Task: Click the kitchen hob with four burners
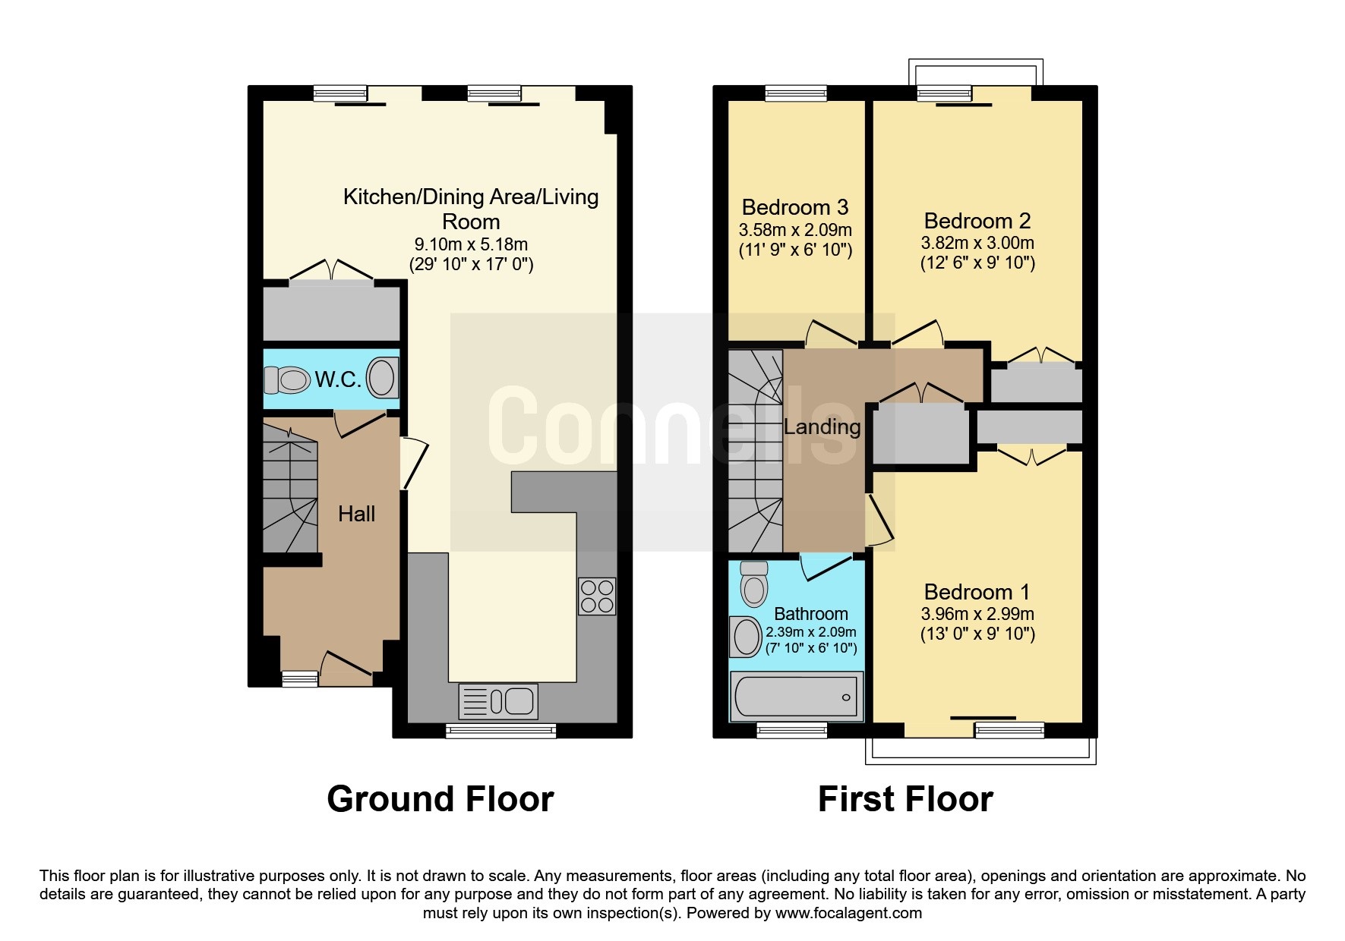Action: (596, 596)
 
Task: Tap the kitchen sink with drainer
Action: (498, 701)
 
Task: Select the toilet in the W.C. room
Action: (287, 379)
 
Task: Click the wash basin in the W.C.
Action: (382, 377)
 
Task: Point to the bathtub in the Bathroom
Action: (796, 697)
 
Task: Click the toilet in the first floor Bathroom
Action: (753, 583)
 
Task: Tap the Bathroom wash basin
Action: (746, 636)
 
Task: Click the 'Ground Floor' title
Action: (440, 799)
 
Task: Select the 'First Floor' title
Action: (905, 799)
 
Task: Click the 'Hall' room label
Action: (356, 514)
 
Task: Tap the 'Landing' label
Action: (822, 426)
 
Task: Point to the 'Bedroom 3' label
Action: (795, 207)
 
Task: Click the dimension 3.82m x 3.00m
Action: (977, 243)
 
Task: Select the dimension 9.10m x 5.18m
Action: (471, 244)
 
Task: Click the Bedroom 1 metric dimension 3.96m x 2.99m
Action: (977, 614)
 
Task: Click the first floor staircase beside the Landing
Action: (756, 451)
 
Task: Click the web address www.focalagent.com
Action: (848, 913)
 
